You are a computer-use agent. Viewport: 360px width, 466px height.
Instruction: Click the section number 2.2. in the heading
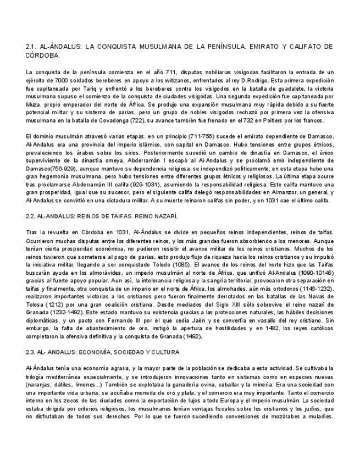pos(32,216)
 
